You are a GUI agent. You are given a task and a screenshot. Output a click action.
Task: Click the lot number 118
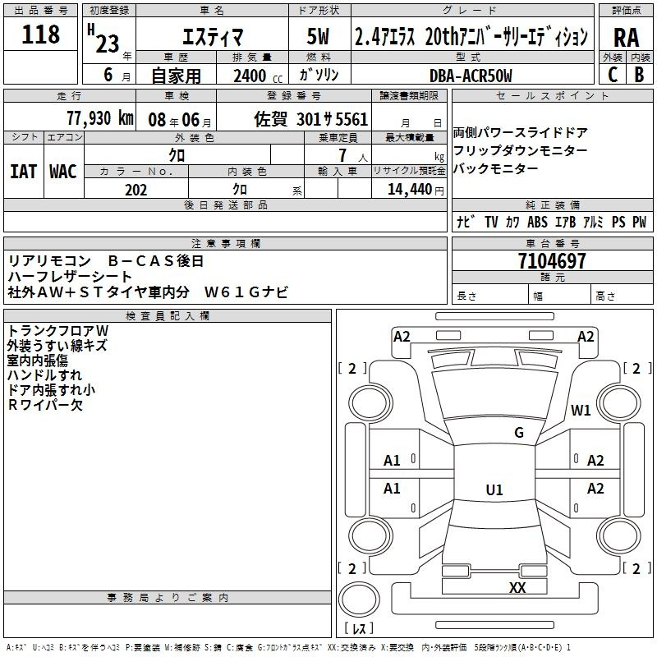pyautogui.click(x=40, y=34)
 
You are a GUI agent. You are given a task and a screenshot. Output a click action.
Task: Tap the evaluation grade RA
pyautogui.click(x=627, y=38)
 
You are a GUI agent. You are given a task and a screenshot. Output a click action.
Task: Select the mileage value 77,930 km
pyautogui.click(x=100, y=118)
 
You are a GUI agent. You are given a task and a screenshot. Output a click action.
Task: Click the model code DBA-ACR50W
pyautogui.click(x=471, y=76)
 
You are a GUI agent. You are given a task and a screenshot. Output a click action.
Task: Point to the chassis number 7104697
pyautogui.click(x=552, y=261)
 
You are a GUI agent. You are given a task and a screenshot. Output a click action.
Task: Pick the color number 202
pyautogui.click(x=136, y=190)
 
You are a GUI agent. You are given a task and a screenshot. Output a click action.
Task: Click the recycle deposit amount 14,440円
pyautogui.click(x=416, y=190)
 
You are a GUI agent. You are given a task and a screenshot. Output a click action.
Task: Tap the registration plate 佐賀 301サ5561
pyautogui.click(x=311, y=119)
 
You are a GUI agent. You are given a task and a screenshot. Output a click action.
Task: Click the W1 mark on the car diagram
pyautogui.click(x=581, y=410)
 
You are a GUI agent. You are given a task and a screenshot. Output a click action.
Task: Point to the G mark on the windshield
pyautogui.click(x=519, y=432)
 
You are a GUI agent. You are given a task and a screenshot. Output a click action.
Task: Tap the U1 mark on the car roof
pyautogui.click(x=494, y=489)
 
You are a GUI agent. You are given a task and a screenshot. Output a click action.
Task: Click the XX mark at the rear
pyautogui.click(x=517, y=587)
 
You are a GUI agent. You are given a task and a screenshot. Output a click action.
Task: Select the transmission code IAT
pyautogui.click(x=24, y=172)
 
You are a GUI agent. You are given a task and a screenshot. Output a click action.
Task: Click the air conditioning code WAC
pyautogui.click(x=63, y=172)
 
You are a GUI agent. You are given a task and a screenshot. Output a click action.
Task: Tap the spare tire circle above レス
pyautogui.click(x=359, y=599)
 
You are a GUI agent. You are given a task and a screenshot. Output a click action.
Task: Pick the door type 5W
pyautogui.click(x=318, y=36)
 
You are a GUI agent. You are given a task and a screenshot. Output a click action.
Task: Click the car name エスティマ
pyautogui.click(x=213, y=37)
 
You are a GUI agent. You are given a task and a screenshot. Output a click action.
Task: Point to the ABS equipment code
pyautogui.click(x=537, y=222)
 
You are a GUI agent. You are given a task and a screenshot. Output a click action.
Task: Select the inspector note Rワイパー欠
pyautogui.click(x=45, y=405)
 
